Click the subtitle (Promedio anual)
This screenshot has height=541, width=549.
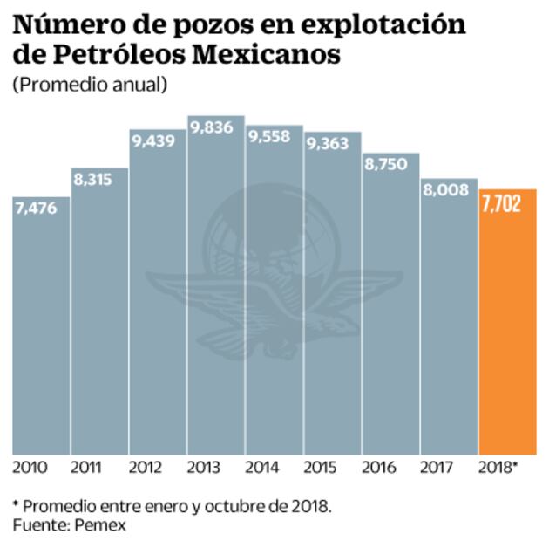tap(90, 85)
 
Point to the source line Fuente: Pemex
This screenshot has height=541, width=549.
tap(70, 524)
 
